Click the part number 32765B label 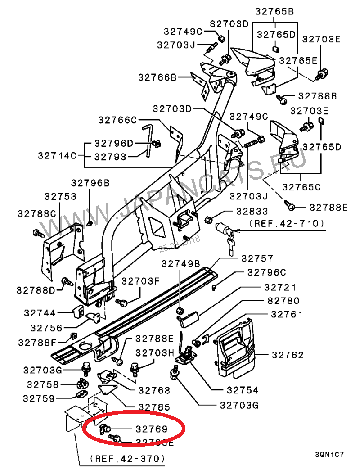point(274,12)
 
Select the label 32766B point(157,77)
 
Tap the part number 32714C point(57,156)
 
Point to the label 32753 point(60,197)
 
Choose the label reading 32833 point(252,212)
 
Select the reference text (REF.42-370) point(128,459)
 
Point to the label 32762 point(288,355)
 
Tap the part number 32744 point(40,313)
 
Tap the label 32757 point(257,258)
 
